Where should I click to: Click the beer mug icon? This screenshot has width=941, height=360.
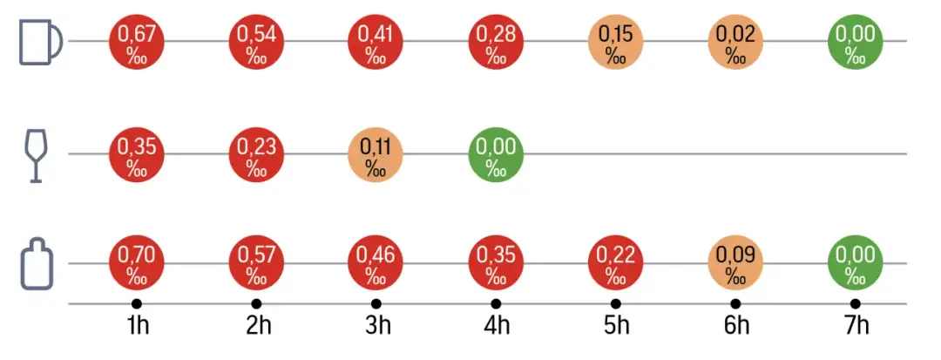pyautogui.click(x=40, y=42)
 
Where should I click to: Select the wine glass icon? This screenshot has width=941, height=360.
pyautogui.click(x=36, y=155)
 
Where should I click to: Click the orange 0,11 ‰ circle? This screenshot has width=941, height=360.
pyautogui.click(x=376, y=155)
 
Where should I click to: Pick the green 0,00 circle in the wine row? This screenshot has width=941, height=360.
pyautogui.click(x=496, y=155)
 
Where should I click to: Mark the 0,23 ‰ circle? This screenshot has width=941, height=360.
pyautogui.click(x=256, y=155)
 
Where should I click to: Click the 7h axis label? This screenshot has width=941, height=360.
pyautogui.click(x=856, y=327)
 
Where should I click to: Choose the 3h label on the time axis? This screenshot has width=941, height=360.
pyautogui.click(x=376, y=327)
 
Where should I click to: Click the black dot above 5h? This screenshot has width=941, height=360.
pyautogui.click(x=616, y=303)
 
